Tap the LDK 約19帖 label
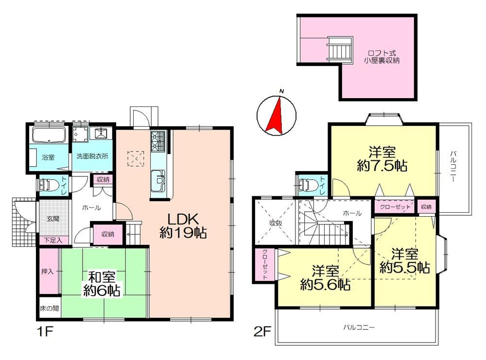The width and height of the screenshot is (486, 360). coord(183,226)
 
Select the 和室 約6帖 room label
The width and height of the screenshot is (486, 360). coord(102,284)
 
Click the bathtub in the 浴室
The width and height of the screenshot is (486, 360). coord(49,135)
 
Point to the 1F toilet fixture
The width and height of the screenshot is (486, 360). coord(49,185)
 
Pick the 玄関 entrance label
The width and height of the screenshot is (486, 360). coord(53,219)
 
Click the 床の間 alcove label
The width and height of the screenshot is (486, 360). coord(50,309)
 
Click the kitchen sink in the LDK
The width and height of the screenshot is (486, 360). coord(158,181)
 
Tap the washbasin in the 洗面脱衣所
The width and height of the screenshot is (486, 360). coord(102,134)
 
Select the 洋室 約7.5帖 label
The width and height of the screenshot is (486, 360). coord(382,159)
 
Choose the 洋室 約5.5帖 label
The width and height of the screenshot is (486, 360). coord(405,260)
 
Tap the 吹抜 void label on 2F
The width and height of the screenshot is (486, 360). coord(276,223)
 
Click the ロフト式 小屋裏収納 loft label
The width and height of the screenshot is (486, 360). coord(382,57)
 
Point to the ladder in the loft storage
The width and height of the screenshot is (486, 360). coord(340,50)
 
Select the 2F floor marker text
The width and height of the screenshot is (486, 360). coord(262,332)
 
